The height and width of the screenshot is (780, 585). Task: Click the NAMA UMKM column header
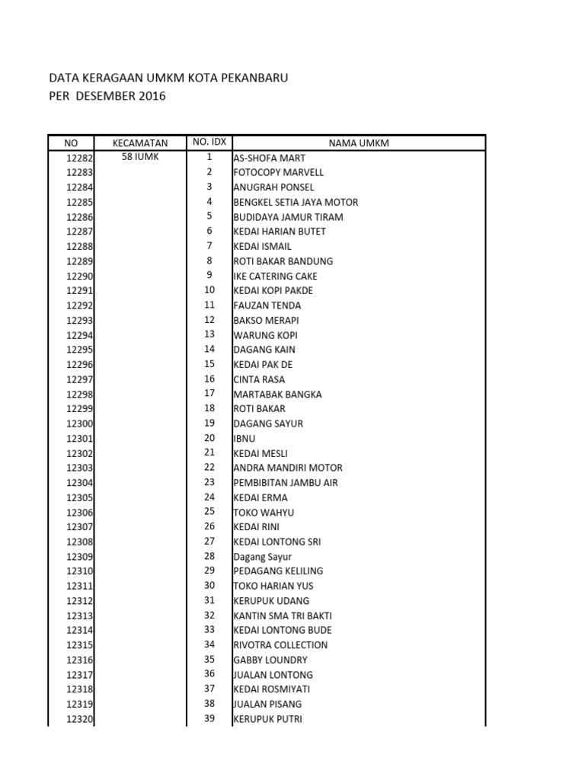[359, 143]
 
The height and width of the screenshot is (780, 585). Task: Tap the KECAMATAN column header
[139, 142]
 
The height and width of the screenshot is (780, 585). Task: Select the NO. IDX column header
[209, 142]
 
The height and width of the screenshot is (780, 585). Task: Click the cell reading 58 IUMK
[139, 157]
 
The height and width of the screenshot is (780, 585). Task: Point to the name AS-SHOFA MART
[269, 158]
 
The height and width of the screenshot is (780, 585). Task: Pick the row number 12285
[79, 203]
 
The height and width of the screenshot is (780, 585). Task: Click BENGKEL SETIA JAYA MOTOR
[296, 202]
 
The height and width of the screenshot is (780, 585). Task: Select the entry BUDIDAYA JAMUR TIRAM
[288, 217]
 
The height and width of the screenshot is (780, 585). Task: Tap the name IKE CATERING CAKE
[275, 276]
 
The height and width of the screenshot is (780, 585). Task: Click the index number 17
[209, 394]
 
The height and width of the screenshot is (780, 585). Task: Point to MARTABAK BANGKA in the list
[277, 395]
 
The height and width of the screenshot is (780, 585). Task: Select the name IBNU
[245, 439]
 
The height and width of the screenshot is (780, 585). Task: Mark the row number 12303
[79, 468]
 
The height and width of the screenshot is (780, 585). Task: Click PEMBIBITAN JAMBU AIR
[286, 483]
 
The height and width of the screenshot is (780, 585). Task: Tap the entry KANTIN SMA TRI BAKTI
[283, 615]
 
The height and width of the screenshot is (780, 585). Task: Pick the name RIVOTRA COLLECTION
[280, 645]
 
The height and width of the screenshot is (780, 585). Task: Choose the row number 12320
[79, 719]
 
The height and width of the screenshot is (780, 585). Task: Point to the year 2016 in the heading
[152, 96]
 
